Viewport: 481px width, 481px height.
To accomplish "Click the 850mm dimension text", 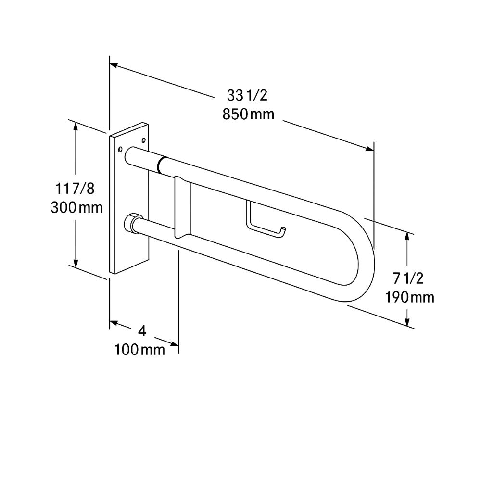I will pos(248,114).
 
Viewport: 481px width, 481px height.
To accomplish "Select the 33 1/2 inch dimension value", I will pos(247,96).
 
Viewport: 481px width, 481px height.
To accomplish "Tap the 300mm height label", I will pos(77,208).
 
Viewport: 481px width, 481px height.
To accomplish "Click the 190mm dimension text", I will pos(409,297).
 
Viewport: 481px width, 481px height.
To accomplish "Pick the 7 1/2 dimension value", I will pos(408,278).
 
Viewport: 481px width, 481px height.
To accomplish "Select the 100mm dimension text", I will pos(139,350).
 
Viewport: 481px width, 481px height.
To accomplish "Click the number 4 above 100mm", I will pos(141,331).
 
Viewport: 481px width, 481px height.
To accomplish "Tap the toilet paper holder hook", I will pos(266,223).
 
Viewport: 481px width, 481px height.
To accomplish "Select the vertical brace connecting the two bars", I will pos(182,207).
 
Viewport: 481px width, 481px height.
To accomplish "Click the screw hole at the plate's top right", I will pos(144,140).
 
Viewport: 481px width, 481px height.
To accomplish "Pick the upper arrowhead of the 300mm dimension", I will pos(76,125).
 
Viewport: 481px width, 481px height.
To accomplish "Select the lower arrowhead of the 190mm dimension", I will pos(408,323).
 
